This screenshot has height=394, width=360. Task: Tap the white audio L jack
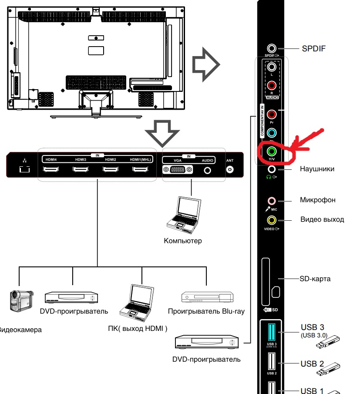click(x=272, y=67)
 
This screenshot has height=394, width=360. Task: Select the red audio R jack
click(x=272, y=86)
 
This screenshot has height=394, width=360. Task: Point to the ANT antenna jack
click(x=230, y=169)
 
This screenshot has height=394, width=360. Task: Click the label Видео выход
click(x=322, y=219)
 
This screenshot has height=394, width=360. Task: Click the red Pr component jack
click(x=272, y=114)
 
